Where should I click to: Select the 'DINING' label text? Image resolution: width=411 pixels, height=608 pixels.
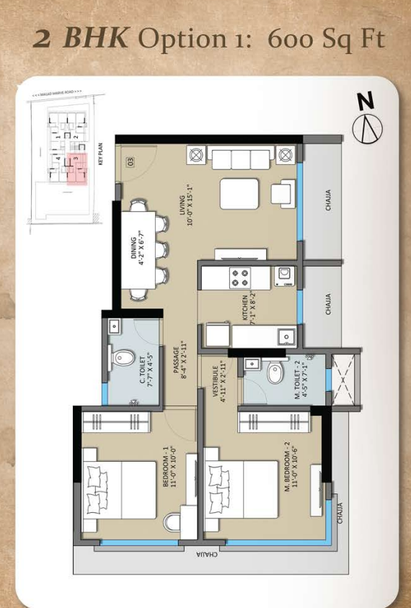coord(138,250)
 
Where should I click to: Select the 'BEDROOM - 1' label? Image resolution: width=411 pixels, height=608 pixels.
coord(168,467)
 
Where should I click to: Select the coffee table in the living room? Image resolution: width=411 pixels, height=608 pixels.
coord(239,193)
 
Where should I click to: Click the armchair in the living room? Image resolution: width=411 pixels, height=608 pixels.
coord(281,193)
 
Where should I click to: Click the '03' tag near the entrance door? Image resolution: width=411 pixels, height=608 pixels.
coord(131,161)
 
